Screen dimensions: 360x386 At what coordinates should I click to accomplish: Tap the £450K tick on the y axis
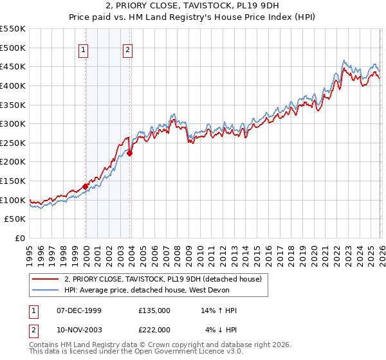[x=12, y=66]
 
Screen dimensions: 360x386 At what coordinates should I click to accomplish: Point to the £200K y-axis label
[x=12, y=162]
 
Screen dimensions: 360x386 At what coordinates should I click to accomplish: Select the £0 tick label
[x=20, y=238]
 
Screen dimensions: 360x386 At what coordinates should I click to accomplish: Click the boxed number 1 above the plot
[x=84, y=51]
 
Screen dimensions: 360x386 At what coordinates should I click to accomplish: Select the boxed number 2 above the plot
[x=128, y=51]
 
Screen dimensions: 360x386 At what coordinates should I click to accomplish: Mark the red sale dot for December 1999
[x=85, y=186]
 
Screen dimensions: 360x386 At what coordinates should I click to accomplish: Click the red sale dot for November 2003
[x=129, y=153]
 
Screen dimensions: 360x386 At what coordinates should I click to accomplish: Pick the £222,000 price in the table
[x=154, y=330]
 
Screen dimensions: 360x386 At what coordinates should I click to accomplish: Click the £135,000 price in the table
[x=154, y=310]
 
